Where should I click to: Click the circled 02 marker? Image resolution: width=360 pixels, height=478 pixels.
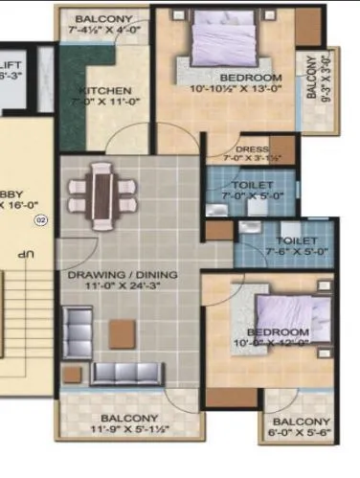coord(40,220)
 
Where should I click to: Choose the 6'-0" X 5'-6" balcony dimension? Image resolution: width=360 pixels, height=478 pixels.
coord(302,434)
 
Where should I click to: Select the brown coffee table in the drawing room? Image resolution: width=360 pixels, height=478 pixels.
coord(121,332)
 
